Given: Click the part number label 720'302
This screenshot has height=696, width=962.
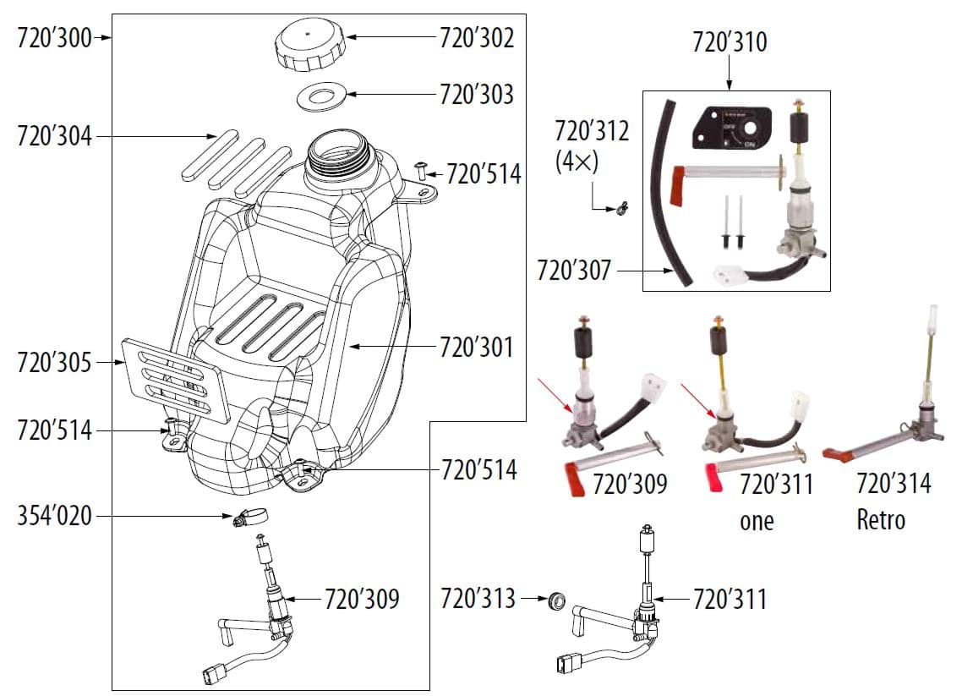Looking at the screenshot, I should pyautogui.click(x=476, y=38).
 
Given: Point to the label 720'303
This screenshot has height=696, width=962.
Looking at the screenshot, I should pyautogui.click(x=476, y=94).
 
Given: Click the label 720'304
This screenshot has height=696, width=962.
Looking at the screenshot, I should pyautogui.click(x=54, y=135).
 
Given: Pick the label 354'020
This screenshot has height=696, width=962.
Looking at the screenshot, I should pyautogui.click(x=54, y=515).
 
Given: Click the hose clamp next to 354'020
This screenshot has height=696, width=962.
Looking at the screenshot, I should pyautogui.click(x=250, y=517).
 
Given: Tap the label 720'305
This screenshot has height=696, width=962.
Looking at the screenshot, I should pyautogui.click(x=54, y=362).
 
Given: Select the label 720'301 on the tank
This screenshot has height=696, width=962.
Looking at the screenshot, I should pyautogui.click(x=476, y=347).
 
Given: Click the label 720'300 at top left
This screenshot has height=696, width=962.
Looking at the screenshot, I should pyautogui.click(x=54, y=38).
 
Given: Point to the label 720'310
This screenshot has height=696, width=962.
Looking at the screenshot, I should pyautogui.click(x=730, y=42).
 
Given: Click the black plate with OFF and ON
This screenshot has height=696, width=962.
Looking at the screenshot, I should pyautogui.click(x=733, y=128).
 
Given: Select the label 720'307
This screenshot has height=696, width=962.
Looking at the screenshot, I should pyautogui.click(x=574, y=271).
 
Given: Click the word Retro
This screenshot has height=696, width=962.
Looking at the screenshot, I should pyautogui.click(x=881, y=518).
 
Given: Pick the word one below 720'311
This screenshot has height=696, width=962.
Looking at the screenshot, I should pyautogui.click(x=757, y=521).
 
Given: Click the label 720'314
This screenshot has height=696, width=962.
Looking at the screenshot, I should pyautogui.click(x=894, y=484).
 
